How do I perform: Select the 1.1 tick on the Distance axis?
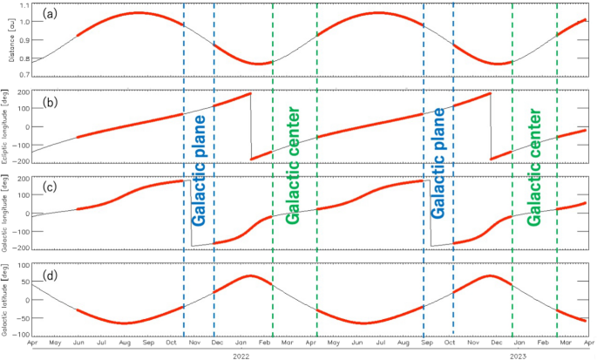coord(24,6)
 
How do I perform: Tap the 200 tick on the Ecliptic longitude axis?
coord(22,92)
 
